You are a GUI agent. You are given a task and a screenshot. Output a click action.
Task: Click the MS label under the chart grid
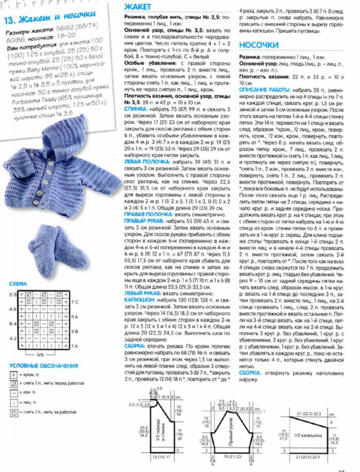pyautogui.click(x=40, y=355)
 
